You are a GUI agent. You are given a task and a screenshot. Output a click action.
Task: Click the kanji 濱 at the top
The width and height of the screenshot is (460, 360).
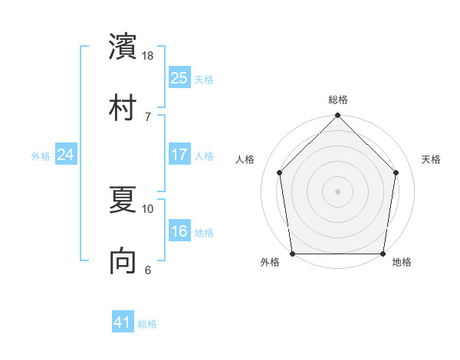click(x=123, y=47)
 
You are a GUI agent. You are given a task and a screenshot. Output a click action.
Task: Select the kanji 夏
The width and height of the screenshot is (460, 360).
click(x=123, y=200)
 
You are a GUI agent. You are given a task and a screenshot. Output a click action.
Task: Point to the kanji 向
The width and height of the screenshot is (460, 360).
click(x=123, y=261)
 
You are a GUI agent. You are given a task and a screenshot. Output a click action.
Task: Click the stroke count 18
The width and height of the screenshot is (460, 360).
click(x=149, y=56)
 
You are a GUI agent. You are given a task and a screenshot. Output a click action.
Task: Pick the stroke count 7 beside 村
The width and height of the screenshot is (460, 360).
click(x=148, y=116)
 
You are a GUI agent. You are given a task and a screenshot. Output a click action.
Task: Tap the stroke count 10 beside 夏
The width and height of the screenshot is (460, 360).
click(x=149, y=208)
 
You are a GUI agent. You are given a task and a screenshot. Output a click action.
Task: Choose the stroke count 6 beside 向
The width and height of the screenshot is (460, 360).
click(x=148, y=270)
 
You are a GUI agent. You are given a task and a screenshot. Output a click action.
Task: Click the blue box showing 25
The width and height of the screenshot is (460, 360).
click(x=179, y=77)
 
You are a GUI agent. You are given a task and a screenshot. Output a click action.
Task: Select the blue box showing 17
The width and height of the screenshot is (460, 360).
click(x=179, y=155)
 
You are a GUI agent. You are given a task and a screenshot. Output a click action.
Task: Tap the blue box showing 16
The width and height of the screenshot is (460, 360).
click(x=179, y=231)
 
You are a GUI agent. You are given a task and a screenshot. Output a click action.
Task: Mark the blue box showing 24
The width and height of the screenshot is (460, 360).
click(x=65, y=155)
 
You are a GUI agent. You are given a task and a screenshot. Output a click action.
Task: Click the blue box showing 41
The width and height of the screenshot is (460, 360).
click(x=123, y=322)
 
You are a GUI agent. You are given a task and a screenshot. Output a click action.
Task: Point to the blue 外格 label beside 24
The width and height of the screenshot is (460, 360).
click(x=41, y=156)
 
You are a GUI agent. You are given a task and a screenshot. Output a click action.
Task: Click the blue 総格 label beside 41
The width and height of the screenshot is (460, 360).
click(x=147, y=324)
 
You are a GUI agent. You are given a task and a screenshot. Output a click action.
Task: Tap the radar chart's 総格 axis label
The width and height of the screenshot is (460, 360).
click(x=338, y=100)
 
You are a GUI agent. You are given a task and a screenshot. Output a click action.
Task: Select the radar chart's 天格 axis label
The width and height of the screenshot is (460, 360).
click(x=432, y=159)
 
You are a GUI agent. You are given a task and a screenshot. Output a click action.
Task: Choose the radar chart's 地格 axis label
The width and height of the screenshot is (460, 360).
click(x=402, y=263)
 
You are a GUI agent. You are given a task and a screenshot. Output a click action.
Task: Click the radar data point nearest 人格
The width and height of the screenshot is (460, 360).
click(x=280, y=172)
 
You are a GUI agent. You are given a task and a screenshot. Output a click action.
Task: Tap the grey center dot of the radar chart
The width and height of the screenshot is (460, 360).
click(x=338, y=191)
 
